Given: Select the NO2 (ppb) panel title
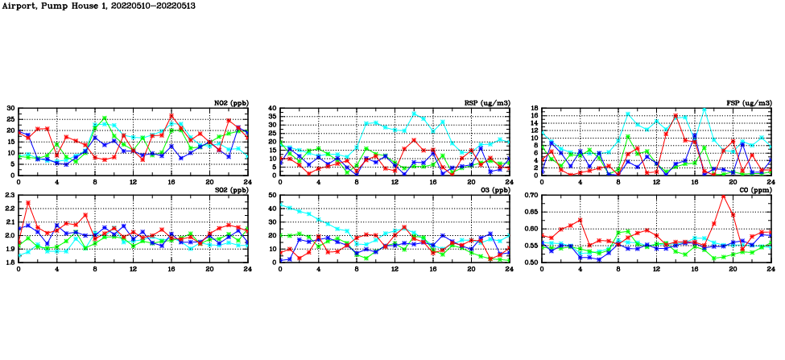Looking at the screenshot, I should click(230, 102).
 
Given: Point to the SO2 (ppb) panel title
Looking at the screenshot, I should click(230, 190).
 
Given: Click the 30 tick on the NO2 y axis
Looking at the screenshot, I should click(10, 108).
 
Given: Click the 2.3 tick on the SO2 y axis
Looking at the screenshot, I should click(10, 196).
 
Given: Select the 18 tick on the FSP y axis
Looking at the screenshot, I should click(534, 108).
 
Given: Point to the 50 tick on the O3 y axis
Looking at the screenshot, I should click(272, 196).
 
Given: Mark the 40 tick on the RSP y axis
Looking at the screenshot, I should click(272, 108).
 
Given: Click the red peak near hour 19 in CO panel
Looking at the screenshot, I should click(723, 197).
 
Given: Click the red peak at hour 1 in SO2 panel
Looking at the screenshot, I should click(28, 203).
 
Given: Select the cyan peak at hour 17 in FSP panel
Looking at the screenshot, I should click(704, 109).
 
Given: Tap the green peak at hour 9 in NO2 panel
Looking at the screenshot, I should click(105, 118).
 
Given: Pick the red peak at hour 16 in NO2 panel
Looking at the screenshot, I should click(171, 116).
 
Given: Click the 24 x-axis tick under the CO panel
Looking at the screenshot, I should click(771, 268).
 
